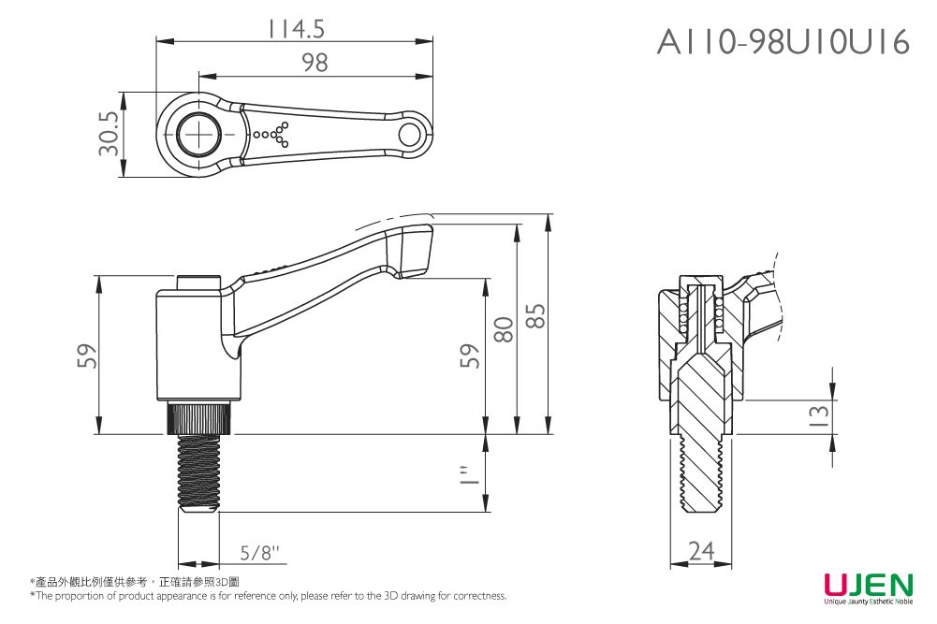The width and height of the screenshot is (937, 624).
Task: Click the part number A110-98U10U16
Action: click(783, 42)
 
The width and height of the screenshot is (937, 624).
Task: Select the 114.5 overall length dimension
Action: click(296, 30)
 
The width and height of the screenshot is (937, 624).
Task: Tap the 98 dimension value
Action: click(315, 63)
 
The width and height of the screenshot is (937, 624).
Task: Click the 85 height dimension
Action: click(535, 324)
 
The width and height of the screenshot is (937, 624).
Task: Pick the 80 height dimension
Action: click(504, 329)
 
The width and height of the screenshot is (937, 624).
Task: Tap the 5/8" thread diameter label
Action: click(259, 552)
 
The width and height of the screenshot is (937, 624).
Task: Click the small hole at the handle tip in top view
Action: click(409, 135)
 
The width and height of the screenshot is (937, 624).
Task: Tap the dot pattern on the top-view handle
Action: click(273, 135)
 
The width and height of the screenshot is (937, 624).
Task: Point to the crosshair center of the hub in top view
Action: click(198, 135)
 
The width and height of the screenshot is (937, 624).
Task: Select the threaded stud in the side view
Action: click(198, 472)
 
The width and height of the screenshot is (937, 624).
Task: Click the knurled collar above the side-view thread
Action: click(198, 417)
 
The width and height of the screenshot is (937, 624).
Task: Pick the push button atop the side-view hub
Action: click(198, 282)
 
